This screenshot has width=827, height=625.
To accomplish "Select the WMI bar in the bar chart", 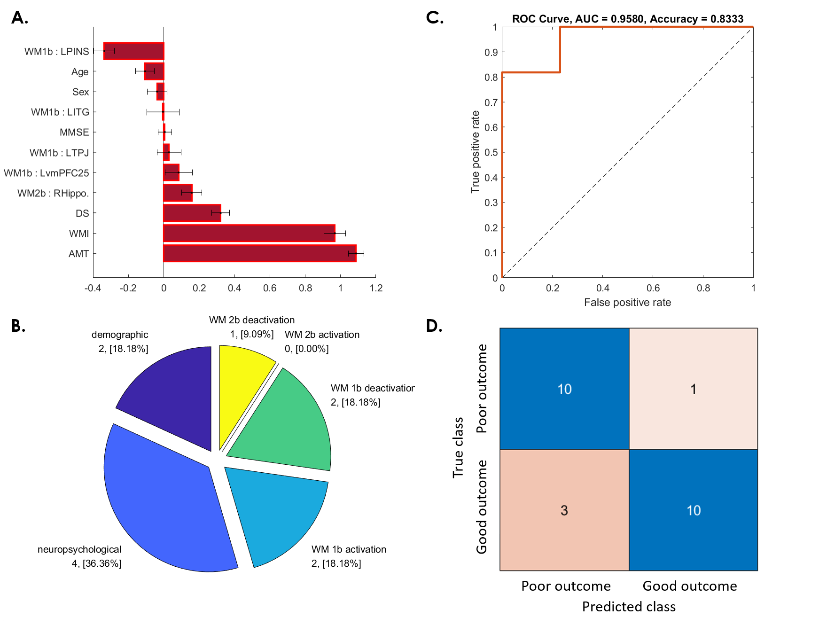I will tap(249, 233).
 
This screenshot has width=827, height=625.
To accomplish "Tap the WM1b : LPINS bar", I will tap(134, 51).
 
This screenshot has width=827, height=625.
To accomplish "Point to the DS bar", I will tap(192, 213).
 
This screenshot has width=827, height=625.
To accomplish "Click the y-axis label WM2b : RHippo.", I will tap(53, 193).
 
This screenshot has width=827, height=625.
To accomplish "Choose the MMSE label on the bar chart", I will tap(74, 133).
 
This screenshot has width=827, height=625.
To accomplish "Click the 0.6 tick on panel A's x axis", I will tap(270, 288).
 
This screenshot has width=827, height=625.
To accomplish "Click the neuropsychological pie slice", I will tap(164, 503).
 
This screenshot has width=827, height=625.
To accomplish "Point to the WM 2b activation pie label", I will tap(322, 335).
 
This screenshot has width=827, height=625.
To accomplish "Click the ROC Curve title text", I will tap(627, 19).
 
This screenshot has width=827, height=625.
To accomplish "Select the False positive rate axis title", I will tap(627, 303).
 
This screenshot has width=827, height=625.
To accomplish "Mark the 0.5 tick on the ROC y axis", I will tap(491, 152).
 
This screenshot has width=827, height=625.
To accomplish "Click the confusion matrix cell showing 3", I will tap(564, 510).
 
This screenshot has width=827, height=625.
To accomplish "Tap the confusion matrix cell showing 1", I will tap(693, 389).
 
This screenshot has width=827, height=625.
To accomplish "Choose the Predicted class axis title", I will tap(629, 607).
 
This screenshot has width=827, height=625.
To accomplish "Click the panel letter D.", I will tap(434, 326).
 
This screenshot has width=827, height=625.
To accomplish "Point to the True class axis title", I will tap(458, 447).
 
